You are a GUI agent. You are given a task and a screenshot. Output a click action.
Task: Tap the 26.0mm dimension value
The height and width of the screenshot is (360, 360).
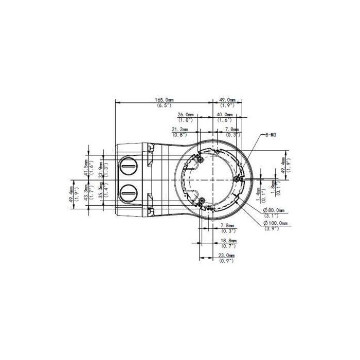pos(185,115)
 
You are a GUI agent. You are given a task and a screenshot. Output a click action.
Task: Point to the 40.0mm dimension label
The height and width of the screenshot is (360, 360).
pos(224,115)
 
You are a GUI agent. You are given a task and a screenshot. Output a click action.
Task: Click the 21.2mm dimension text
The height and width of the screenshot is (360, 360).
pos(181,130)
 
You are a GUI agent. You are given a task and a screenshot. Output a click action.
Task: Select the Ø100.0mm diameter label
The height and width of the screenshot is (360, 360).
pos(276,223)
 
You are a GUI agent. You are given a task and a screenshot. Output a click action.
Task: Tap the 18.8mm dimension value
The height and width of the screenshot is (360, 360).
pos(229,240)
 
